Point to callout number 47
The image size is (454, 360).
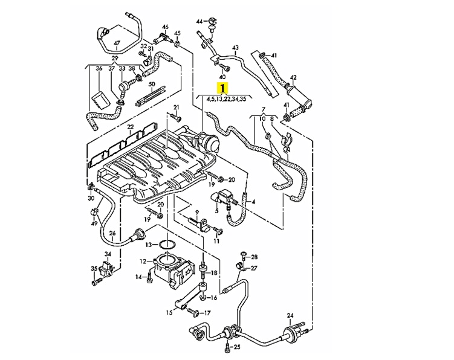117,43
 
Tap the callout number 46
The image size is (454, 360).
165,28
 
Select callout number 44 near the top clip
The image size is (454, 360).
199,22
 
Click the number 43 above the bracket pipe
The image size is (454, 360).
235,48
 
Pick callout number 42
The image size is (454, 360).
293,77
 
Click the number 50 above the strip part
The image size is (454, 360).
152,84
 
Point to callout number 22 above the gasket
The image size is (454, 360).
131,127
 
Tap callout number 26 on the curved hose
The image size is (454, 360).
112,233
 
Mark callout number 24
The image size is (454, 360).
290,315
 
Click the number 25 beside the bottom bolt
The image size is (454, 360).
237,347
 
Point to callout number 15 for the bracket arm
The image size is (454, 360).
169,312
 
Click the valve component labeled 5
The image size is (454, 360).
222,196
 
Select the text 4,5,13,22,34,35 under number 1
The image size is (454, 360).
226,99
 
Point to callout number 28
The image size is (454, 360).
254,257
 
